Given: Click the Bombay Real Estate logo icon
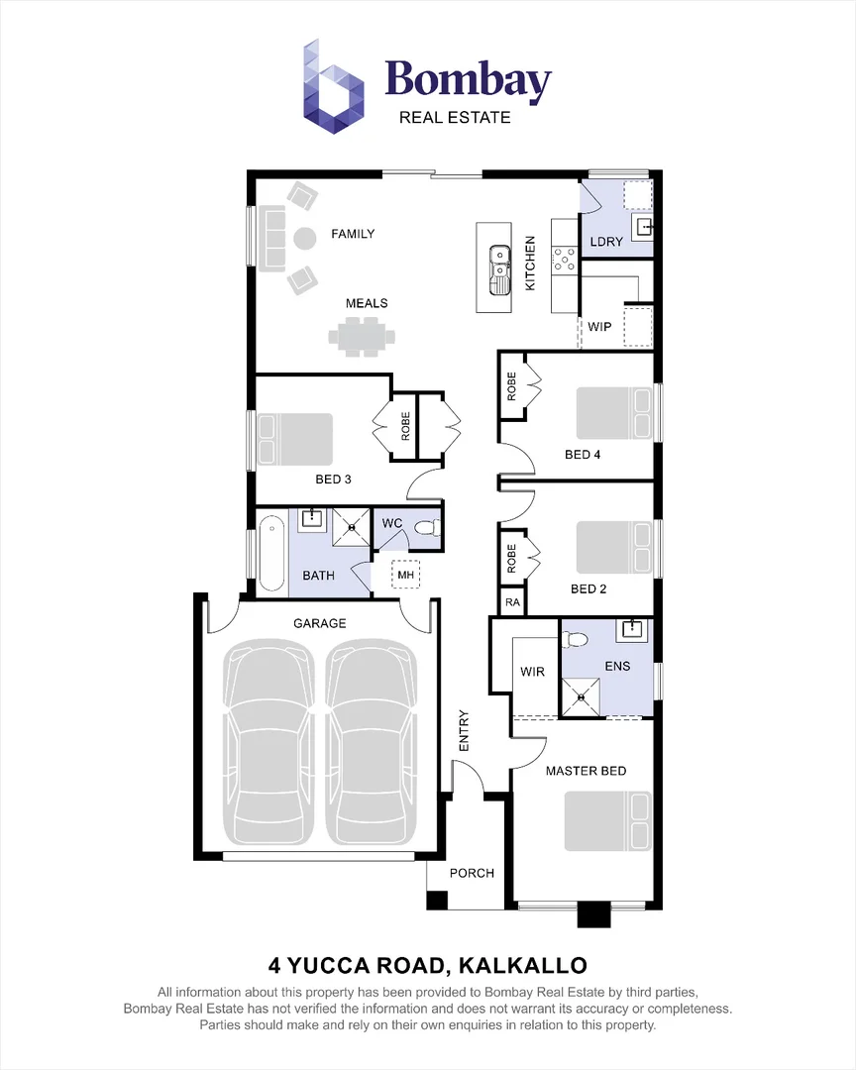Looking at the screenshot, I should point(334,86).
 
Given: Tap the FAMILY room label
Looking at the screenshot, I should point(353,234).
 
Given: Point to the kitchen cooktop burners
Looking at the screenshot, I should point(566,260).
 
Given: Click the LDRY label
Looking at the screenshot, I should point(606,242).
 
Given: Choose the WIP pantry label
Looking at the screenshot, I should point(599,326).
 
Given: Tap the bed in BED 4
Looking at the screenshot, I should point(614,412).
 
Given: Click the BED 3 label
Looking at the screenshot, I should point(334,480).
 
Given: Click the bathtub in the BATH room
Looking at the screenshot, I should point(270,555).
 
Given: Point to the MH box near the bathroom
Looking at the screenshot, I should point(406,575).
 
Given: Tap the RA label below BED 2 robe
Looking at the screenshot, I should point(512,601).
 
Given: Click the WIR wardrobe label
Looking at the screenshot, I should point(533,672).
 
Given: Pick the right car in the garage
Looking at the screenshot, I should point(370,743).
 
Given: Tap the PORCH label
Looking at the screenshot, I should point(472,873).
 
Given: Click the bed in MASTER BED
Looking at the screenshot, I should point(606,820).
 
